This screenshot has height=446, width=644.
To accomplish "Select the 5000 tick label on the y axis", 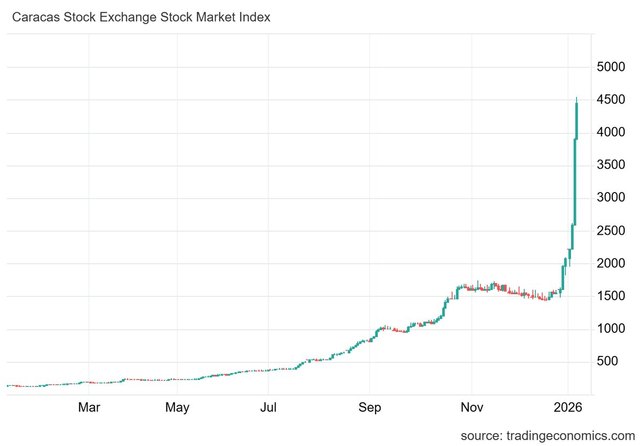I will pos(611,68).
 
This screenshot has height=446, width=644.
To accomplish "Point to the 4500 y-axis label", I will pos(611,100).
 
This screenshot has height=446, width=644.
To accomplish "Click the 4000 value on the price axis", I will pos(611,133).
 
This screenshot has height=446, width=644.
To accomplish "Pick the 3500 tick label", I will pos(611,166).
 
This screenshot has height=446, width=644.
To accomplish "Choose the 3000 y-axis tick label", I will pos(611,198).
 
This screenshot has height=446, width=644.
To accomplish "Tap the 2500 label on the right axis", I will pos(611,231).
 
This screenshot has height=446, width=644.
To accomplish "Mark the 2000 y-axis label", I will pos(611,264).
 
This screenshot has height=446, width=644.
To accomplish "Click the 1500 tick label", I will pos(611,296).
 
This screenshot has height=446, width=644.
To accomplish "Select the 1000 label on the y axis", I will pos(611,329).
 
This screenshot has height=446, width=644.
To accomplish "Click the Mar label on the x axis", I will pos(89,408).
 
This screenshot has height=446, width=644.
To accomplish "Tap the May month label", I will pos(177,408).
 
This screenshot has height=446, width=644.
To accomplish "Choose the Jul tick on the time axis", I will pos(268,408).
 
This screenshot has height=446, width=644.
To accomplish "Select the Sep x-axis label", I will pos(370,408).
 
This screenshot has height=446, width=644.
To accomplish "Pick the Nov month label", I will pos(471,408).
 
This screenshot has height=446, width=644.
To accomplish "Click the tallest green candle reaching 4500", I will pos(576,121).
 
